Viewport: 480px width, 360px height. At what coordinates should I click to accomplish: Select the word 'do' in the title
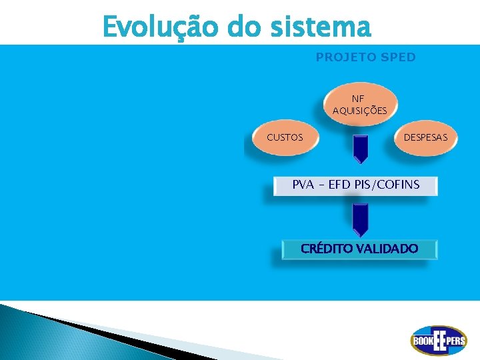tap(244, 27)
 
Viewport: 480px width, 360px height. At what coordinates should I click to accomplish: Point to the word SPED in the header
tap(397, 57)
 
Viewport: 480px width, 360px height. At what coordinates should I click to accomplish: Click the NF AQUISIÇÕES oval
tap(359, 105)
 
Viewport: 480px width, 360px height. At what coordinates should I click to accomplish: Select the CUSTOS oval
tap(285, 138)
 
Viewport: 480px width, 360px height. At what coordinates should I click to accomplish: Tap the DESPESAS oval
tap(430, 138)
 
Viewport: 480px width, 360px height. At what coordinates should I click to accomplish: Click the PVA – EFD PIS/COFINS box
tap(356, 185)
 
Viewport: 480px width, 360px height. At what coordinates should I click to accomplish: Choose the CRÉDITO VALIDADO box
tap(359, 249)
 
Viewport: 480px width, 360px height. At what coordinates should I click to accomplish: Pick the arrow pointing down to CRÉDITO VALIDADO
tap(360, 219)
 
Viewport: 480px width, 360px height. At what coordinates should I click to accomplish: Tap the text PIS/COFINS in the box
tap(388, 185)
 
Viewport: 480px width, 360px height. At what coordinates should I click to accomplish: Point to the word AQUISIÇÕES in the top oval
tap(359, 111)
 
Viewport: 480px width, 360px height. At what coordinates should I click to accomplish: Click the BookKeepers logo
tap(438, 341)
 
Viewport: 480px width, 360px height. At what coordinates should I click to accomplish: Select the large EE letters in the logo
tap(439, 341)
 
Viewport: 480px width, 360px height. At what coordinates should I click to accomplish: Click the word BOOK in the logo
tap(422, 341)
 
